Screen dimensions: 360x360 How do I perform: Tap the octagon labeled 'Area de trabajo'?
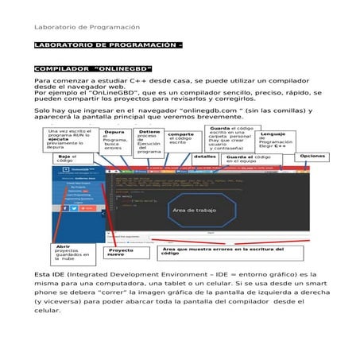coord(193,210)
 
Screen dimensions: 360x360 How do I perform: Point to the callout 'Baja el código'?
coord(67,160)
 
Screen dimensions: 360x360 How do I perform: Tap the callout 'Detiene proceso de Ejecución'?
coord(149,141)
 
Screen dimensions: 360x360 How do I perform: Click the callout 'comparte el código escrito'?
coord(180,138)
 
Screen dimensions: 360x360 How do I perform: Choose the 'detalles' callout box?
coord(204,157)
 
